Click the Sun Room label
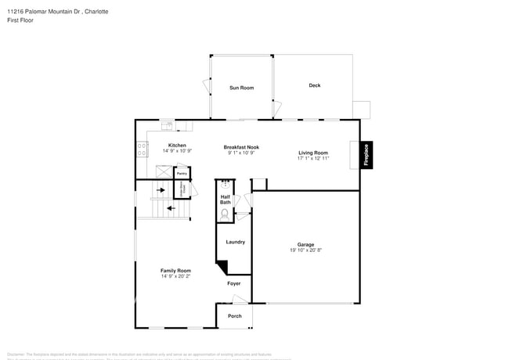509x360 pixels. point(241,88)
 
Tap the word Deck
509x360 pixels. point(314,85)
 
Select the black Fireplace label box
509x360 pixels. point(365,154)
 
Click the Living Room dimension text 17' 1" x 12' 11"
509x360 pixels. point(312,158)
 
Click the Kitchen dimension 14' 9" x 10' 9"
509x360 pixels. point(177,150)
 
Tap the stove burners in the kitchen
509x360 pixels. point(141,148)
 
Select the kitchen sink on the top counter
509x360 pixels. point(167,124)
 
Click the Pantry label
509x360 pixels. point(180,173)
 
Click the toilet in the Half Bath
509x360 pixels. point(226,213)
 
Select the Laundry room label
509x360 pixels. point(235,242)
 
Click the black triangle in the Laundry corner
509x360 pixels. point(222,266)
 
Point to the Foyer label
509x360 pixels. point(234,283)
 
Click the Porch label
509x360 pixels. point(234,316)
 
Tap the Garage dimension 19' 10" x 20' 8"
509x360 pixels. point(305,250)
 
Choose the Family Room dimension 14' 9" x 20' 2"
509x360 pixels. point(176,276)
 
